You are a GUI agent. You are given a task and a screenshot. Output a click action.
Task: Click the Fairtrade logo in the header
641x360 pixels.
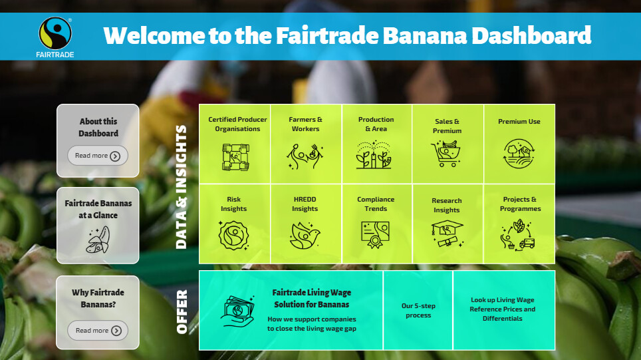[55, 37]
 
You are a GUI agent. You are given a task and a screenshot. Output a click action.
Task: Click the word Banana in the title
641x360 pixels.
[425, 35]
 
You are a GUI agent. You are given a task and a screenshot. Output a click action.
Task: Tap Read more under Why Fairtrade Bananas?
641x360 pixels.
[98, 331]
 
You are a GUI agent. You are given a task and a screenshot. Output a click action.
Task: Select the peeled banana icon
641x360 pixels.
[98, 240]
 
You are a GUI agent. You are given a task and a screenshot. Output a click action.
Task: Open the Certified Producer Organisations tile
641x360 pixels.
[235, 144]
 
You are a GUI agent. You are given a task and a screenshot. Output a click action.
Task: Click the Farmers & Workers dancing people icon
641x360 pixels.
[305, 156]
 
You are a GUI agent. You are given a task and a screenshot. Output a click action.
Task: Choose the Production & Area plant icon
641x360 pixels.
[374, 156]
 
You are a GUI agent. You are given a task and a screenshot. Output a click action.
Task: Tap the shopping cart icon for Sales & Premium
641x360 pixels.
[446, 154]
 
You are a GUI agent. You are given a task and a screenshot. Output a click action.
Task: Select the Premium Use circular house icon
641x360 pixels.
[519, 154]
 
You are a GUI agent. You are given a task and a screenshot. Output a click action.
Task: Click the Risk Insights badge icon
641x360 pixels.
[233, 236]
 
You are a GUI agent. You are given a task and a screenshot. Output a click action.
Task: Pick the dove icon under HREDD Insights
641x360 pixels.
[305, 236]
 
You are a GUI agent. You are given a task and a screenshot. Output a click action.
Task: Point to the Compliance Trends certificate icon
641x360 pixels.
[375, 235]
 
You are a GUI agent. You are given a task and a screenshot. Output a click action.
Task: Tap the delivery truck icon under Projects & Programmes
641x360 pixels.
[527, 244]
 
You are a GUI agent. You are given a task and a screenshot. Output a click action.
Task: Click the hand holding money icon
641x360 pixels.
[239, 311]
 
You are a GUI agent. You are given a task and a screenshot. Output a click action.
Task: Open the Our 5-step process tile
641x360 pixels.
[418, 311]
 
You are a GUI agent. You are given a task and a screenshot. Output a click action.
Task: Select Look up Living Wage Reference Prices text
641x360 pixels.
[503, 304]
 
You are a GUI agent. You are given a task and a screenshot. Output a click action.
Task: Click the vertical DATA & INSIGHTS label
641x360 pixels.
[181, 187]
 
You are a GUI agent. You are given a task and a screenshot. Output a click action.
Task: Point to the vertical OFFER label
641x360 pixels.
[182, 311]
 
